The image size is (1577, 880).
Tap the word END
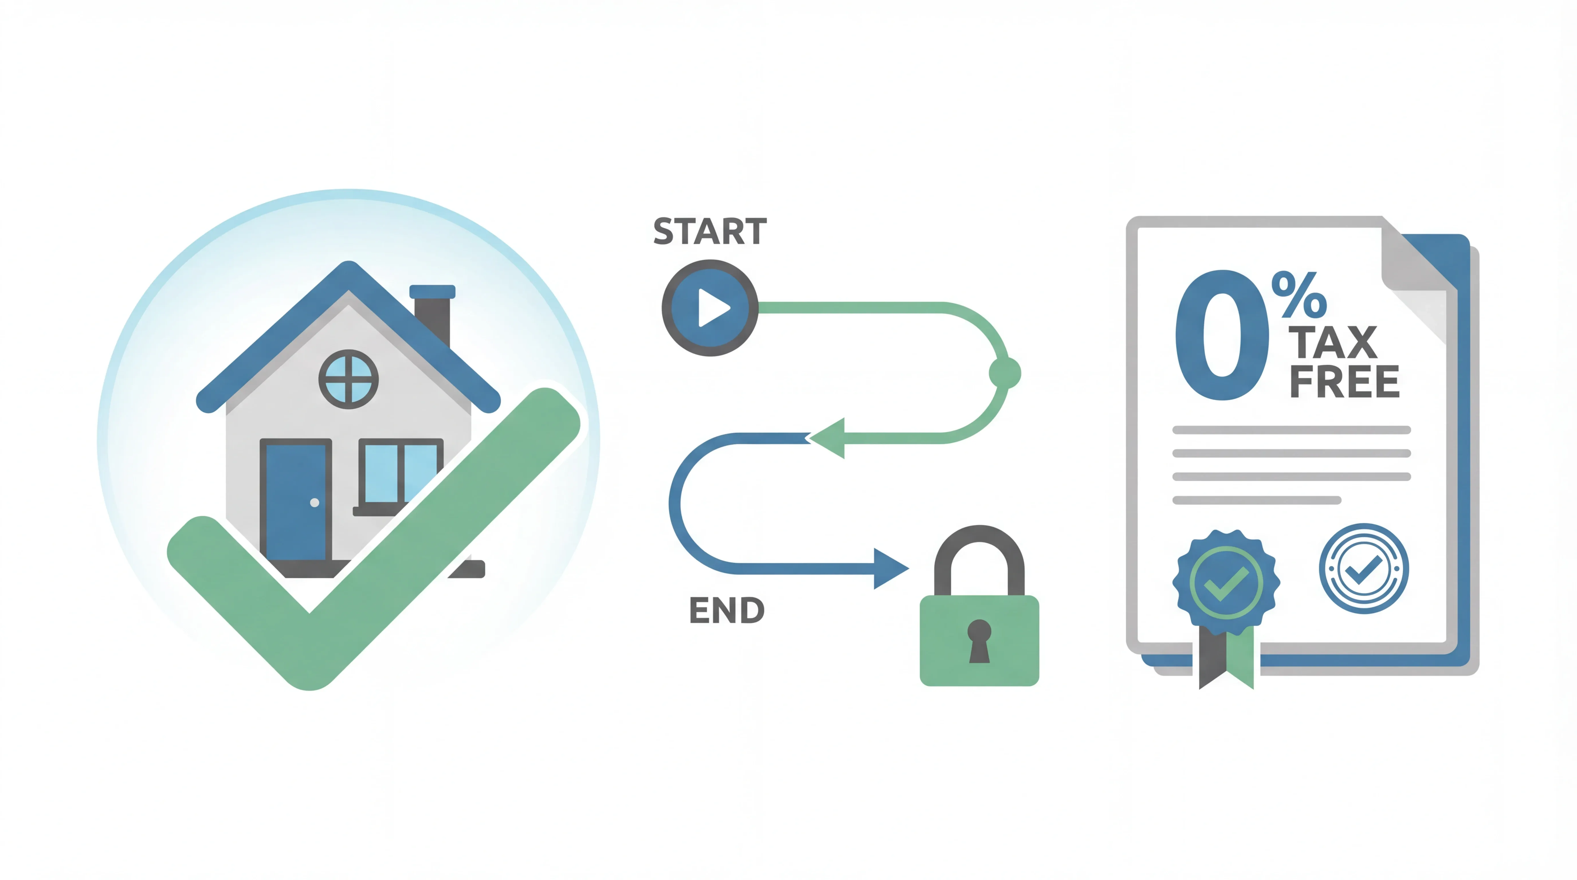tap(727, 610)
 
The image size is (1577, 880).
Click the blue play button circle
tap(710, 308)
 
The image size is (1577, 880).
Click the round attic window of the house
tap(348, 380)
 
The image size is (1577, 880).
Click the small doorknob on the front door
tap(315, 502)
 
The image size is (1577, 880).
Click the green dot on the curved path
tap(1005, 373)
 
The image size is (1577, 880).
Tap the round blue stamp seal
tap(1363, 569)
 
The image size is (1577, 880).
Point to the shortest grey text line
tap(1256, 500)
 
